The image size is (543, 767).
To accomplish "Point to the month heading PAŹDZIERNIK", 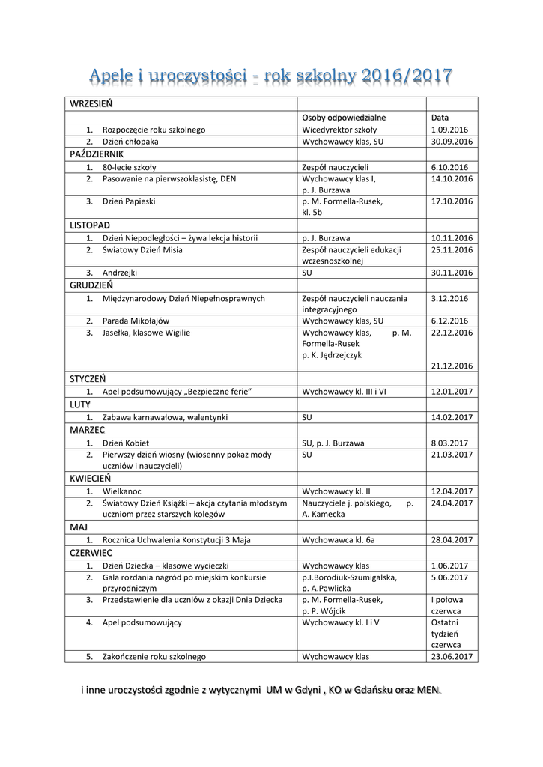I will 97,154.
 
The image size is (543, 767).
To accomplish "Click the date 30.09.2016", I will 452,141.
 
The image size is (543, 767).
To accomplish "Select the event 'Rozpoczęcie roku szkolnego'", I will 154,130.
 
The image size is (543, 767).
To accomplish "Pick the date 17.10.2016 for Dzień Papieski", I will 452,201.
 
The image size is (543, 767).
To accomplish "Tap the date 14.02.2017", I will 452,417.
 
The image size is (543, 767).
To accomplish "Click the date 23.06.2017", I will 452,656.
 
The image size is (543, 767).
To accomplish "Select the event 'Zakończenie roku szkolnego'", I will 154,656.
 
